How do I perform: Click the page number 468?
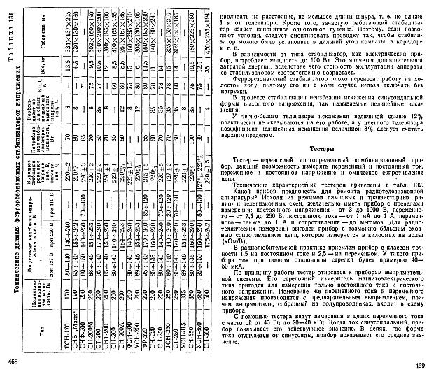click(11, 361)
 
